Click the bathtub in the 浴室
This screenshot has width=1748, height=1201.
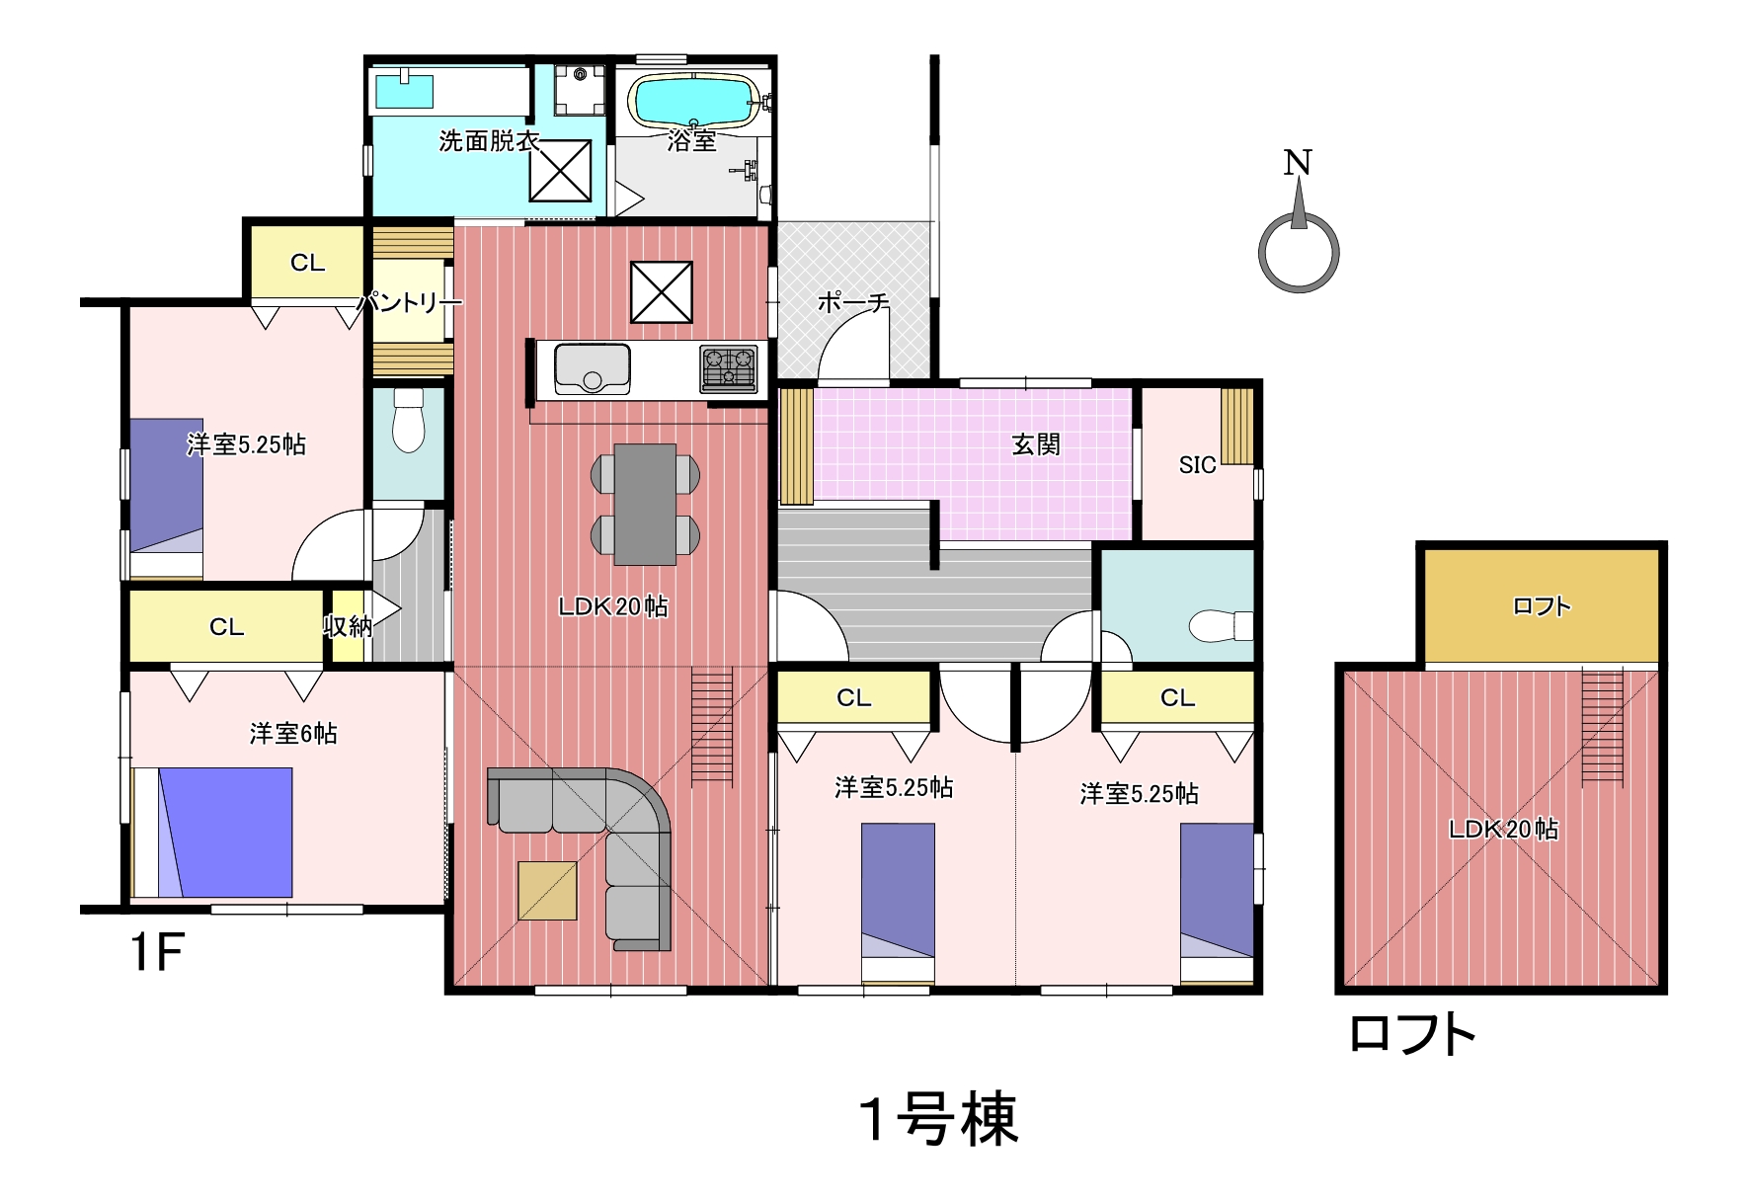click(693, 101)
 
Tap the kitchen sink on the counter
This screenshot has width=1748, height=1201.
click(592, 368)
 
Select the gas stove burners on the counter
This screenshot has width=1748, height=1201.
click(729, 368)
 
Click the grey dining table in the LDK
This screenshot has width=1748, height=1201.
click(645, 505)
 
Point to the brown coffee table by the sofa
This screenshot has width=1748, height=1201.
click(547, 891)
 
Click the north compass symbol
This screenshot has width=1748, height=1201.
click(1299, 222)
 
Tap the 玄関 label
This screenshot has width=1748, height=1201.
click(1036, 445)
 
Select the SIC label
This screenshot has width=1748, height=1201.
click(1197, 465)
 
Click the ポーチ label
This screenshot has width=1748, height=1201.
click(853, 302)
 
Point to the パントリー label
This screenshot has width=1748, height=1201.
click(408, 302)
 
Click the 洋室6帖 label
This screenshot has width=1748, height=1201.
click(293, 734)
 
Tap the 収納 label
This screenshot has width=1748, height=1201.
click(348, 626)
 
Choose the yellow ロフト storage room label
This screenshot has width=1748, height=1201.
click(1542, 606)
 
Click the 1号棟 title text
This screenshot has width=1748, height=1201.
click(938, 1120)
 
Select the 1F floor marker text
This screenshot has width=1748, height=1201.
click(157, 952)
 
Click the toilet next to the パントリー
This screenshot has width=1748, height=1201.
click(408, 421)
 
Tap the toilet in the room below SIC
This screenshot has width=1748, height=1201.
click(1221, 626)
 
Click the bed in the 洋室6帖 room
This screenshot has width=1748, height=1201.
click(212, 833)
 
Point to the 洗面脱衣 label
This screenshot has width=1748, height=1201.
click(488, 141)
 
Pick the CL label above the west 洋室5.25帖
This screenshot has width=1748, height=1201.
click(307, 263)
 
